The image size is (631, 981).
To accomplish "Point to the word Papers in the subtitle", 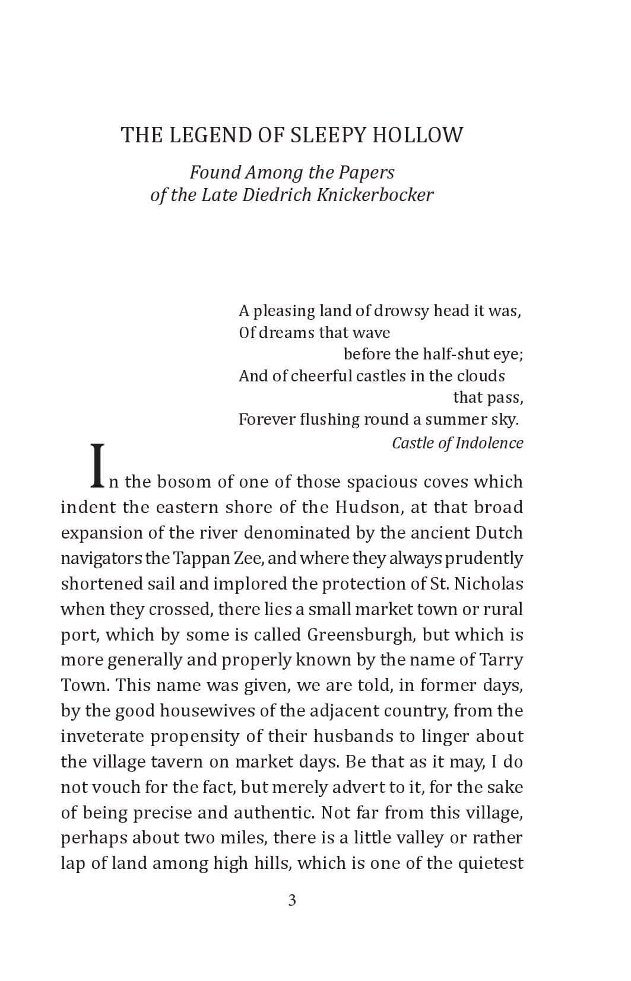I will point(366,173).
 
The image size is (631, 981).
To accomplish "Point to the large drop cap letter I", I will point(98,466).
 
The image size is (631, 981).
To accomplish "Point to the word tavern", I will point(156,762).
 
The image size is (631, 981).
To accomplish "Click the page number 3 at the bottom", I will point(292,901).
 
